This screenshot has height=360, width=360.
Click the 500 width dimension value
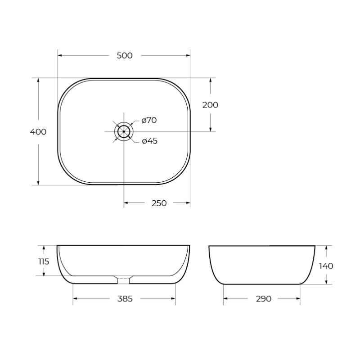pos(124,56)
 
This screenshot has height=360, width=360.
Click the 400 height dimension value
pos(38,132)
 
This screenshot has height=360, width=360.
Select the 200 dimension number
pos(210,105)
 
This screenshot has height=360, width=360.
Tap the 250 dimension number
pos(159,203)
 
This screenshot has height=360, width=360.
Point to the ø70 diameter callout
pos(149,120)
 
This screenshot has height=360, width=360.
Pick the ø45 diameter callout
pos(149,141)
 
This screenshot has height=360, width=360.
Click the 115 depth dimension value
pos(44,261)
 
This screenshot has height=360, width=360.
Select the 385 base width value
pos(125,299)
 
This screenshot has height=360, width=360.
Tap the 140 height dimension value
pos(326,266)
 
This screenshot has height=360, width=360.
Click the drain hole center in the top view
pos(124,131)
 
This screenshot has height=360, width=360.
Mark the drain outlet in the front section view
pos(124,279)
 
